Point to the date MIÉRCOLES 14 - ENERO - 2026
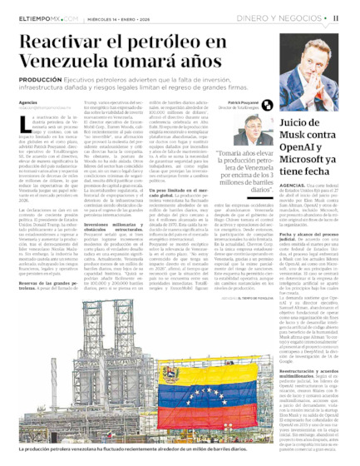[x=120, y=17]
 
